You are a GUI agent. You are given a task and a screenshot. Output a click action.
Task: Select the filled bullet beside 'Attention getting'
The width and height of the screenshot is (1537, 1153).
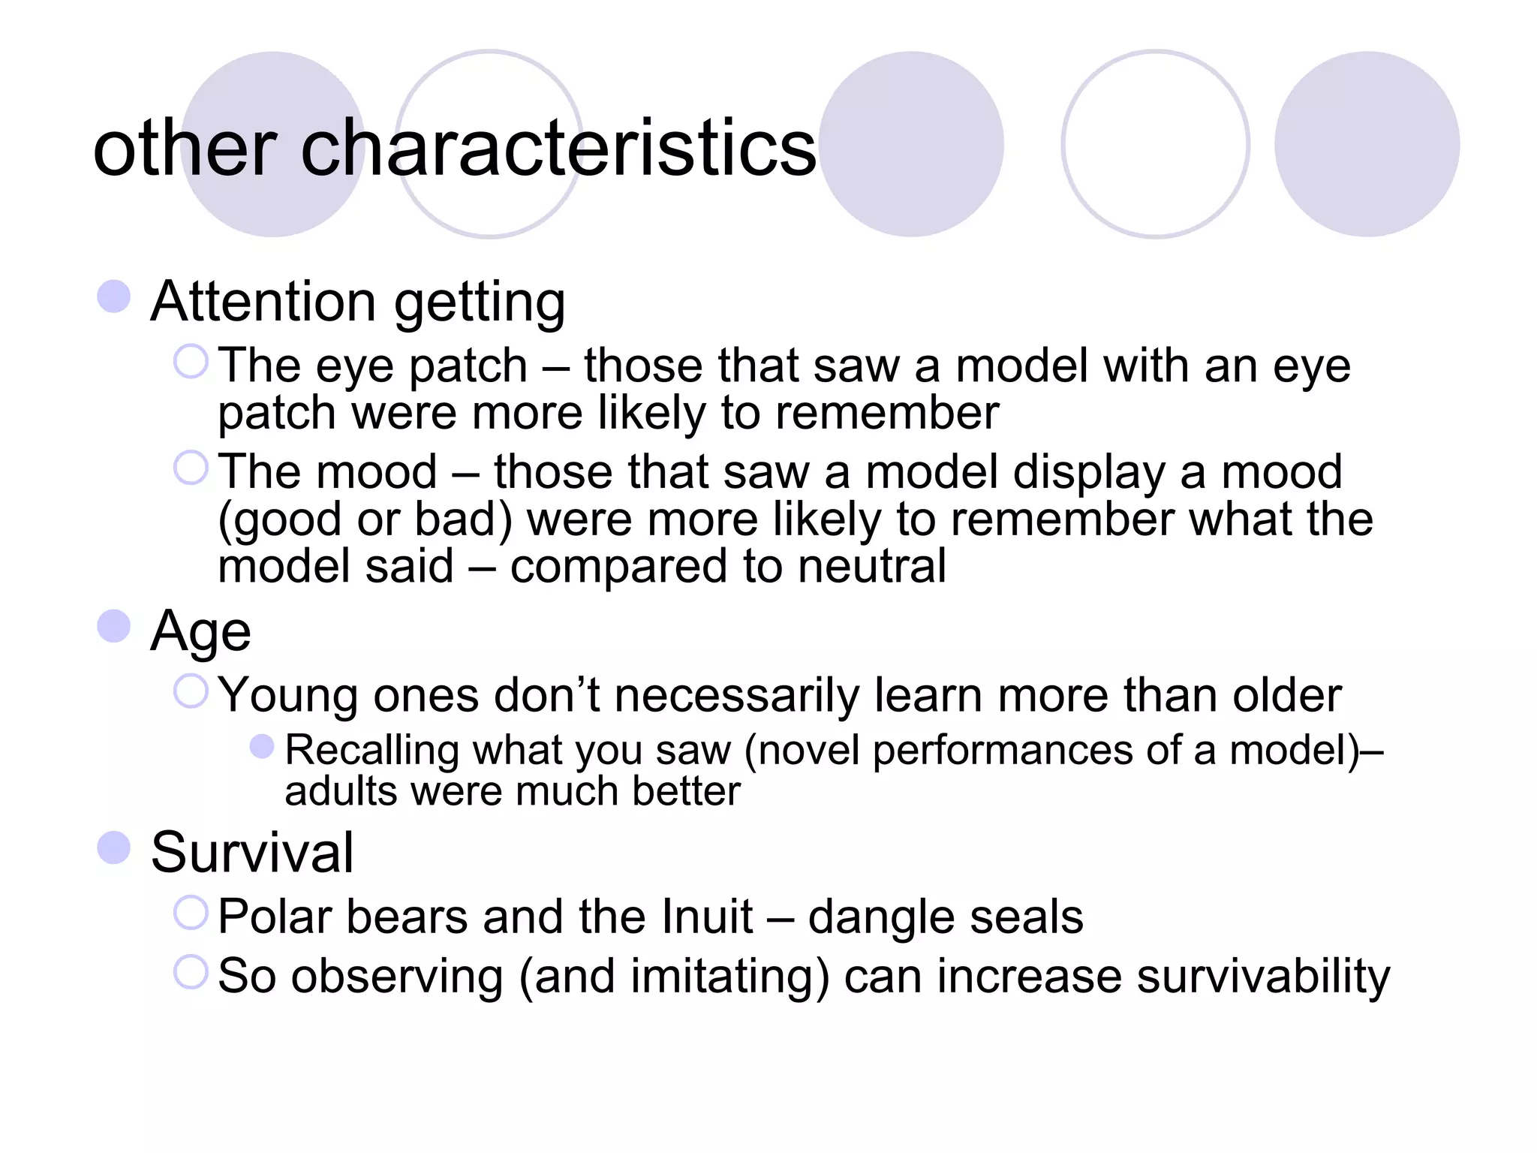tap(114, 297)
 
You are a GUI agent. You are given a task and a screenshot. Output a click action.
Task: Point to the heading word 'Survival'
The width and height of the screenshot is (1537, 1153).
tap(251, 853)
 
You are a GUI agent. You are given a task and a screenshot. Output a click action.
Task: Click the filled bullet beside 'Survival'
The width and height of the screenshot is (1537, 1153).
tap(114, 848)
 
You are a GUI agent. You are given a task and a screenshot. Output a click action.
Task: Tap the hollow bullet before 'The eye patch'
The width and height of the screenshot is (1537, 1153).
tap(191, 362)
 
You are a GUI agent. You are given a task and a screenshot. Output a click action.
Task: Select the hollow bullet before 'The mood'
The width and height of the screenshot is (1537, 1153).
tap(191, 468)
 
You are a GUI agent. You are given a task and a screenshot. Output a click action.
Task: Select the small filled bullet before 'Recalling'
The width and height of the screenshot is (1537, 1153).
tap(262, 747)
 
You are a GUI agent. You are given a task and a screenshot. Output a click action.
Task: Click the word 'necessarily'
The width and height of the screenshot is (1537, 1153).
tap(737, 695)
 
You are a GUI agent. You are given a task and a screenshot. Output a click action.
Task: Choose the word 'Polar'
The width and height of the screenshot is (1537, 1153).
tap(275, 917)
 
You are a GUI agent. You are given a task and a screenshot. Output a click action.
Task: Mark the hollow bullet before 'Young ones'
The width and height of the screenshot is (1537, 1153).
tap(191, 691)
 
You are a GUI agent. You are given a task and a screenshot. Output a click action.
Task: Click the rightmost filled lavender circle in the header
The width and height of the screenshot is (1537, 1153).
tap(1367, 144)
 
